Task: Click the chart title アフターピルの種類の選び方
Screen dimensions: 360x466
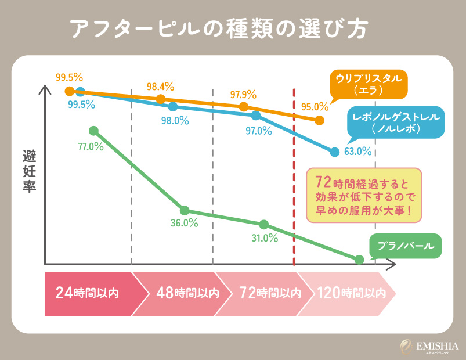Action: pyautogui.click(x=218, y=30)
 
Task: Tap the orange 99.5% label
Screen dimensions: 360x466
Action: pyautogui.click(x=69, y=77)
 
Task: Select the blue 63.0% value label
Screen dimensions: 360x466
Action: pyautogui.click(x=357, y=152)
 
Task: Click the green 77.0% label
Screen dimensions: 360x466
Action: pyautogui.click(x=91, y=147)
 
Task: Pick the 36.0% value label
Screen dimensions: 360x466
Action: pyautogui.click(x=185, y=223)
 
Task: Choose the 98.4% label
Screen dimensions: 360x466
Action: pyautogui.click(x=160, y=87)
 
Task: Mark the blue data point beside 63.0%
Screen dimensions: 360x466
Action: pyautogui.click(x=334, y=152)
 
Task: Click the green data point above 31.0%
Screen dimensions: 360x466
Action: pyautogui.click(x=264, y=225)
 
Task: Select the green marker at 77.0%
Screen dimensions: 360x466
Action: pyautogui.click(x=93, y=131)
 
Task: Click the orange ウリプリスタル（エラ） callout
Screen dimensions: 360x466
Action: pyautogui.click(x=367, y=85)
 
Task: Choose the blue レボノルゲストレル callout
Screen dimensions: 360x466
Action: pyautogui.click(x=397, y=123)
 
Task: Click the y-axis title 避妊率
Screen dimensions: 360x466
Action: pyautogui.click(x=29, y=172)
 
